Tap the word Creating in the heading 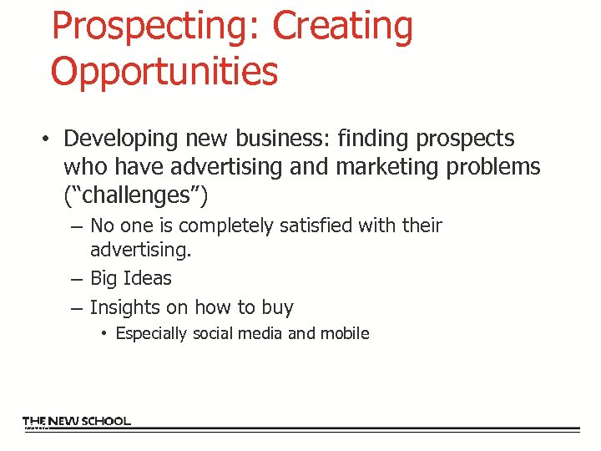343,27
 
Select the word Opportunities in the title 164,71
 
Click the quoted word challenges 136,195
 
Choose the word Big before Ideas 104,279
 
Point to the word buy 276,308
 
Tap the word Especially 151,333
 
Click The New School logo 77,422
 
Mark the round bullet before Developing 50,139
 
